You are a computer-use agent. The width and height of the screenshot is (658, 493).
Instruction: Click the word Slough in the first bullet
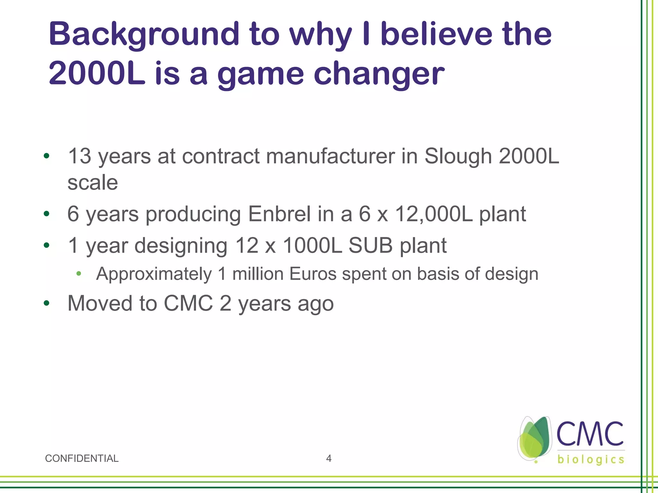(458, 156)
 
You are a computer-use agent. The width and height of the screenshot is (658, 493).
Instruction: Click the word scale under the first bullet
(93, 183)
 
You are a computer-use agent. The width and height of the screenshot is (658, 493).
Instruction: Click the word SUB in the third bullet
(370, 246)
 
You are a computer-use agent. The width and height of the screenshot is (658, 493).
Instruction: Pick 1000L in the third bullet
(312, 246)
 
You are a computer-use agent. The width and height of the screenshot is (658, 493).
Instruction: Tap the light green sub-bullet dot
(79, 274)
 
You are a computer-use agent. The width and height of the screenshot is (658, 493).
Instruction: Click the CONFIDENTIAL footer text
(82, 458)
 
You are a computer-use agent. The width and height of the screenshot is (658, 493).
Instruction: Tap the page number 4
(329, 458)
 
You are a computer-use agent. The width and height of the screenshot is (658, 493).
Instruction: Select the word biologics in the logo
(591, 459)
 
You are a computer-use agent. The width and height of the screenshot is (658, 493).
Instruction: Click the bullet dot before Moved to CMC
(47, 303)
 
